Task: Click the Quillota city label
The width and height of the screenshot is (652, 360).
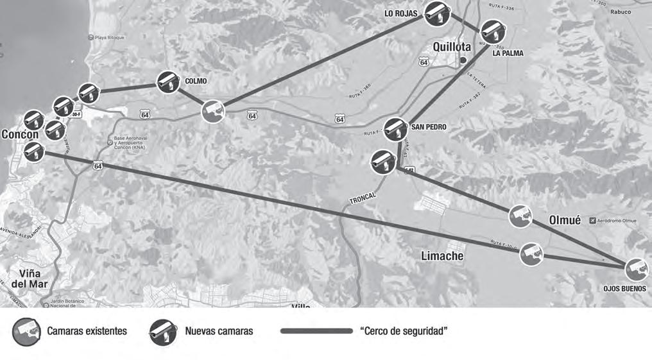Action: click(x=451, y=47)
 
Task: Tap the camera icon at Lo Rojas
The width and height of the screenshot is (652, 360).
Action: click(x=437, y=13)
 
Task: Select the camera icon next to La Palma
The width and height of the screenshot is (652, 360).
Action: click(x=493, y=32)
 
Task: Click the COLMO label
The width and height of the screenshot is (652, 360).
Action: click(x=196, y=81)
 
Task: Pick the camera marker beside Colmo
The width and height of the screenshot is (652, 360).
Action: click(x=168, y=83)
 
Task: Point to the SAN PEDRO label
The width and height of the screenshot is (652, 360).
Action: click(x=428, y=127)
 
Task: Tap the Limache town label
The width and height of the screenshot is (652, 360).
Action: click(x=442, y=256)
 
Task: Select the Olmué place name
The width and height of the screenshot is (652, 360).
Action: click(x=565, y=220)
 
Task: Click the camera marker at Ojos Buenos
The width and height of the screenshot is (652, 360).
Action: click(x=636, y=270)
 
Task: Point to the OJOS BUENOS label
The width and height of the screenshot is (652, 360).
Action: click(x=624, y=289)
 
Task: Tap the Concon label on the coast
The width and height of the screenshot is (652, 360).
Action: click(x=20, y=135)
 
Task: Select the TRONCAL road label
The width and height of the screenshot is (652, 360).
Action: click(x=362, y=200)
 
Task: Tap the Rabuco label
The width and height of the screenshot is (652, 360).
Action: click(x=621, y=12)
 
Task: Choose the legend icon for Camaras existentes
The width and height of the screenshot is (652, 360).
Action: click(x=26, y=332)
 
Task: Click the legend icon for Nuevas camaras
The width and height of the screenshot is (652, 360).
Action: click(x=163, y=332)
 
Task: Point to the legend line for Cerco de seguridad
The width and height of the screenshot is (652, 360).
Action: click(x=316, y=331)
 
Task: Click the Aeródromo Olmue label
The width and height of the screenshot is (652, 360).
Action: click(x=616, y=221)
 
